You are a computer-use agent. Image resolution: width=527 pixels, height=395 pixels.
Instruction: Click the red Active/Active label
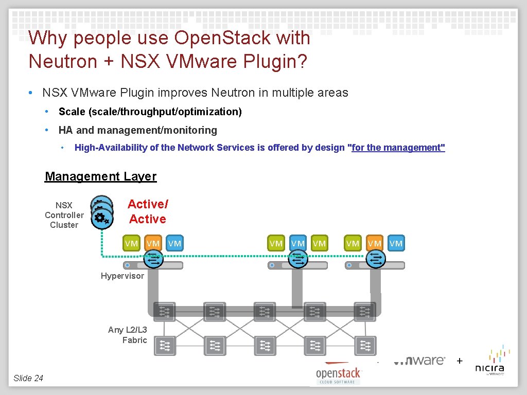pyautogui.click(x=148, y=212)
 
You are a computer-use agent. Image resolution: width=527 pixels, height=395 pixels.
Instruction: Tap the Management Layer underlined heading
pyautogui.click(x=100, y=176)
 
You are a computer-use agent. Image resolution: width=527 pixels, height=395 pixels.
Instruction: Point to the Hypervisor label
pyautogui.click(x=122, y=276)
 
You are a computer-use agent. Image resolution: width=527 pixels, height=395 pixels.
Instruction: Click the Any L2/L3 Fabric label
pyautogui.click(x=128, y=335)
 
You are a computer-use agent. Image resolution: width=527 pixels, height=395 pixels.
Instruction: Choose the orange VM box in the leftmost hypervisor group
pyautogui.click(x=153, y=243)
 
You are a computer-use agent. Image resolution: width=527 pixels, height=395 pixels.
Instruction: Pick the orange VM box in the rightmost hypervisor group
pyautogui.click(x=374, y=243)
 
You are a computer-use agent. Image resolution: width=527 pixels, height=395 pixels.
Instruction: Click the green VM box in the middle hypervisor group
pyautogui.click(x=276, y=243)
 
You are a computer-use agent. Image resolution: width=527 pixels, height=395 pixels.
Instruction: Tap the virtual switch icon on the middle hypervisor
pyautogui.click(x=298, y=261)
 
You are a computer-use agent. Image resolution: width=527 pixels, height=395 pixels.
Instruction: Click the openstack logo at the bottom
pyautogui.click(x=338, y=374)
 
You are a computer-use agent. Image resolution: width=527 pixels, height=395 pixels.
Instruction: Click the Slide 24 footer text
pyautogui.click(x=28, y=378)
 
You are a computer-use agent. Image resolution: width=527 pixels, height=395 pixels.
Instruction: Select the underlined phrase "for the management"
pyautogui.click(x=397, y=148)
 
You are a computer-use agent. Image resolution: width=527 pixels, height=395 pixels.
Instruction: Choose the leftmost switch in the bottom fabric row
pyautogui.click(x=165, y=346)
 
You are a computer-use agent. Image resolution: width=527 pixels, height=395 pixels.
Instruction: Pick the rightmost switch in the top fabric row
pyautogui.click(x=365, y=311)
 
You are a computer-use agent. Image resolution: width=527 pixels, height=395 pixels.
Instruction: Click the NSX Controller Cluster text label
pyautogui.click(x=64, y=215)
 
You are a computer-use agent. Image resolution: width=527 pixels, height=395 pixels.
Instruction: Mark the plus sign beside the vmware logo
pyautogui.click(x=460, y=361)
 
